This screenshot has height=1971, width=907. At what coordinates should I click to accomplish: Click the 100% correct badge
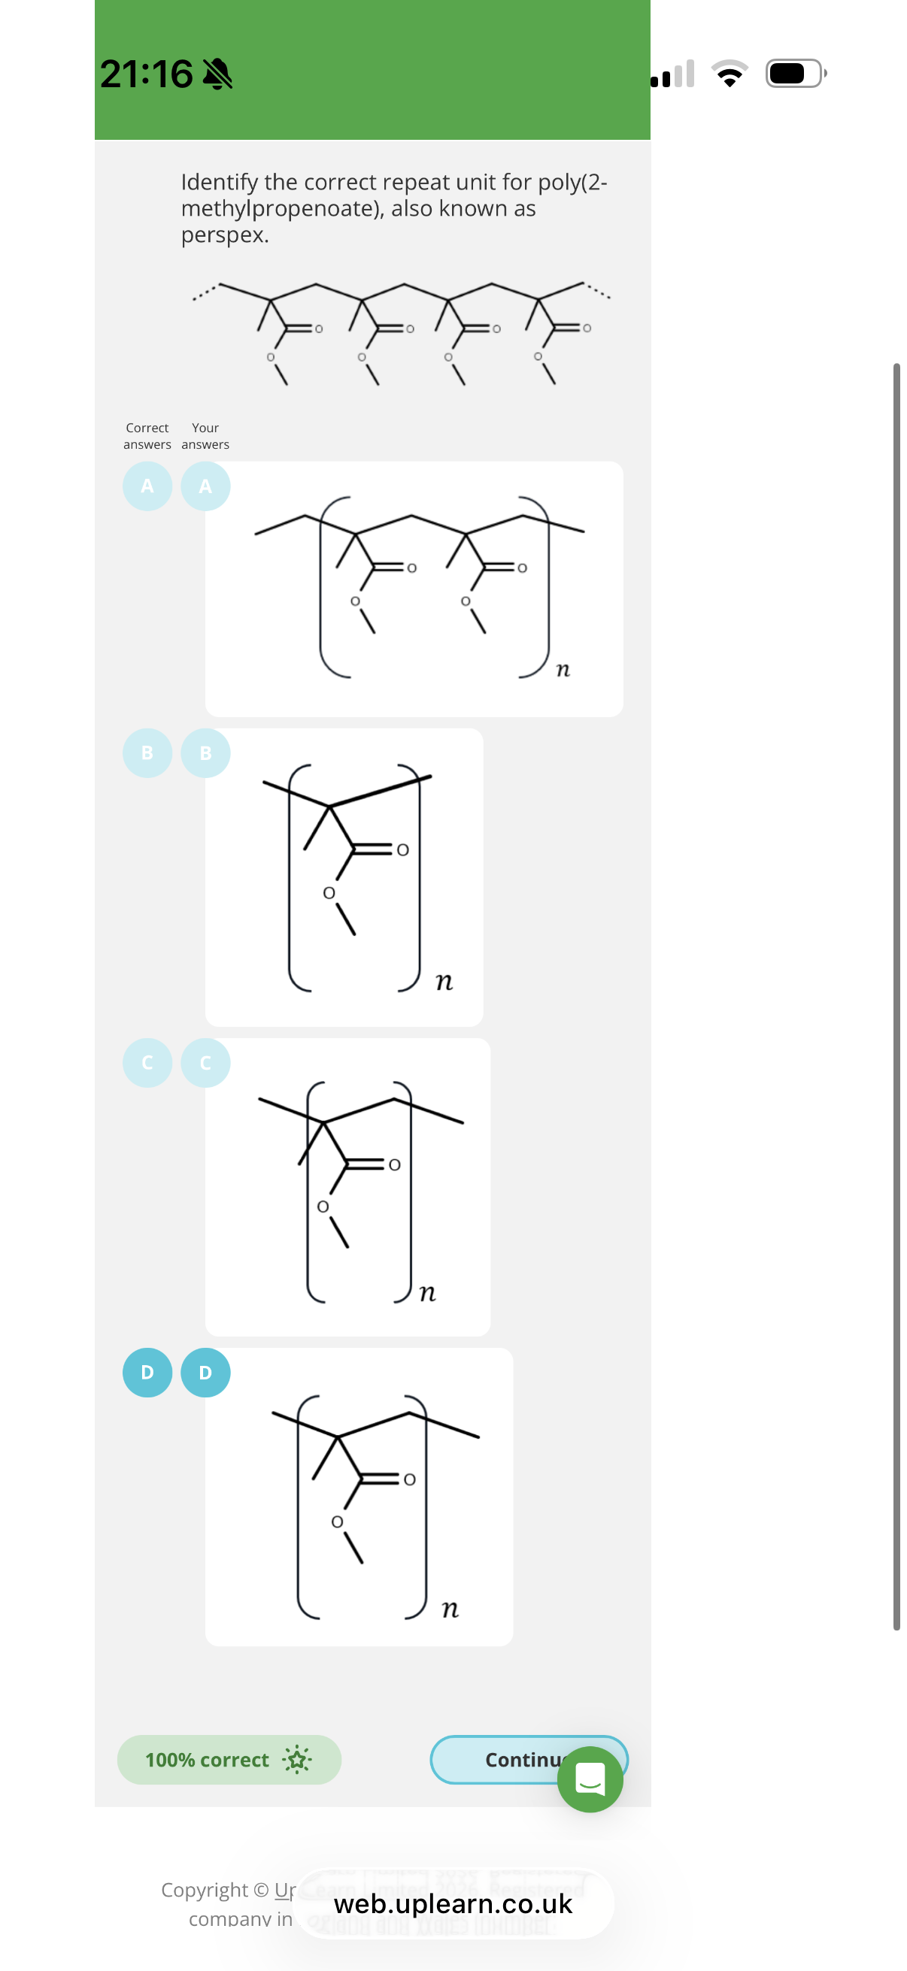[x=229, y=1759]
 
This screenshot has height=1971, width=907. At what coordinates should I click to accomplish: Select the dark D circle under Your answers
[x=205, y=1372]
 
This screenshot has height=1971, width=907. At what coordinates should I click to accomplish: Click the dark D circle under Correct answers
[x=147, y=1372]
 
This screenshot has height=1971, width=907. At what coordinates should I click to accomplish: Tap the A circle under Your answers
[x=205, y=486]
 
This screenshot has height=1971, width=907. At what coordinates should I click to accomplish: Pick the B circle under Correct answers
[x=147, y=753]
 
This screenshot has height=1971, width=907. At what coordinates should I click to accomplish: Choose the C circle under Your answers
[x=205, y=1062]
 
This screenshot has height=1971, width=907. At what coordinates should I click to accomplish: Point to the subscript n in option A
[x=563, y=670]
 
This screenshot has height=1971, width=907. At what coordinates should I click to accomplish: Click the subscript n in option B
[x=444, y=981]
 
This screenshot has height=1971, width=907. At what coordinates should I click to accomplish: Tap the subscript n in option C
[x=428, y=1292]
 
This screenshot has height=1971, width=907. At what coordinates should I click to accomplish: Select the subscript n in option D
[x=450, y=1609]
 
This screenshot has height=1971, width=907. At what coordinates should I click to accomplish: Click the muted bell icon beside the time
[x=217, y=74]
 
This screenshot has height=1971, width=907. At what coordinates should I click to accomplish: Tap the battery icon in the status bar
[x=795, y=74]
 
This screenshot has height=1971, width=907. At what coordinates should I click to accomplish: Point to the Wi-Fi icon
[x=730, y=74]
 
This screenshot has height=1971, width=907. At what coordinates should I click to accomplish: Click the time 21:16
[x=146, y=74]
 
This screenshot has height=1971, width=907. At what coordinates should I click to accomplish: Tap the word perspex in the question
[x=225, y=235]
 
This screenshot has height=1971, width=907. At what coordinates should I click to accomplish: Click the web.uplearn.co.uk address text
[x=453, y=1903]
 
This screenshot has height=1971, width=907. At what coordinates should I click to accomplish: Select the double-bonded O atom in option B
[x=402, y=849]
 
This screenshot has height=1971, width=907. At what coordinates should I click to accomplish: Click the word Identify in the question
[x=219, y=182]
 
